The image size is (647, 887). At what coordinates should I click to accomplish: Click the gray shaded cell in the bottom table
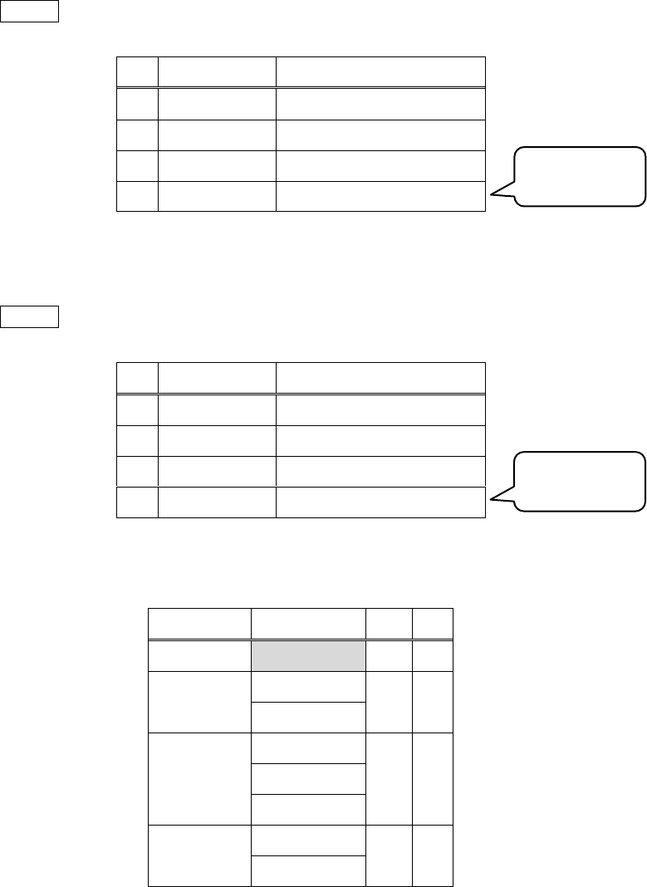308,656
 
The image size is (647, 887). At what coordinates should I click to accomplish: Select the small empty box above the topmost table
30,11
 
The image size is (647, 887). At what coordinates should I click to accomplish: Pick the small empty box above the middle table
30,316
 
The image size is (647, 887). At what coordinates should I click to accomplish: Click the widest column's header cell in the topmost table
380,71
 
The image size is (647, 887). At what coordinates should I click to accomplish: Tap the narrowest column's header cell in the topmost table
137,71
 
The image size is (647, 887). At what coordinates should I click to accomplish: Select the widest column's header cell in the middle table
380,377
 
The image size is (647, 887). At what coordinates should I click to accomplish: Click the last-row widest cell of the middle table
380,502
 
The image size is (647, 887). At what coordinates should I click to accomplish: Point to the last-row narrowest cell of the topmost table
137,196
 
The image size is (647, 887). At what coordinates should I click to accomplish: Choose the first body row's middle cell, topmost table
217,102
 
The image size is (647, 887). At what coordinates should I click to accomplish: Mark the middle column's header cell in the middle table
217,377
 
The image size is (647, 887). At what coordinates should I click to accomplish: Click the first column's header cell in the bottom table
200,624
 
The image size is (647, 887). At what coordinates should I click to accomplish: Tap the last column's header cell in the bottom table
433,624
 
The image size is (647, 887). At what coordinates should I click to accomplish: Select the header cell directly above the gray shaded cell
308,624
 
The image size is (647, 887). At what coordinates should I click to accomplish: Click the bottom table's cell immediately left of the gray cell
200,656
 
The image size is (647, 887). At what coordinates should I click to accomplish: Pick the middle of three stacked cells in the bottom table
308,779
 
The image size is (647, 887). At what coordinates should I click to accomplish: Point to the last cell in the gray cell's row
433,656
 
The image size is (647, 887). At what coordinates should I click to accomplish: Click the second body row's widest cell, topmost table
380,134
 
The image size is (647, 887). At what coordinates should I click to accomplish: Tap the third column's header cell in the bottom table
389,624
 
